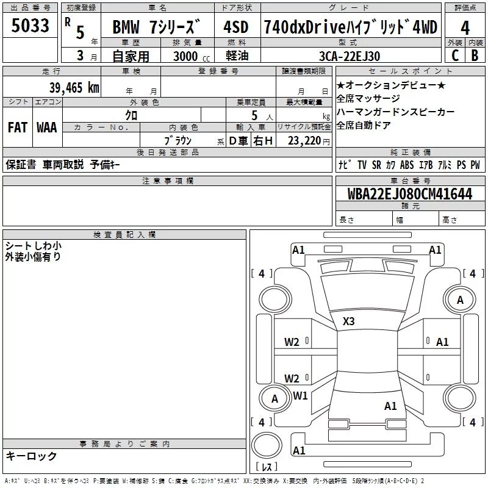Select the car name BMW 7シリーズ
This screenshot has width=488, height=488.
[156, 27]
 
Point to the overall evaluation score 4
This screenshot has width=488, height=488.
[465, 28]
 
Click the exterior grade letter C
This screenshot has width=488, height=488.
[454, 55]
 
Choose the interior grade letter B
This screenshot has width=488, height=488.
[475, 55]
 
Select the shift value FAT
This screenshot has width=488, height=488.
[17, 127]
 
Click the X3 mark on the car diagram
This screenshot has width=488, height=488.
[349, 321]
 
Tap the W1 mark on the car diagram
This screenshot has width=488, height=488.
[300, 395]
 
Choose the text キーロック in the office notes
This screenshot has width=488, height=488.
[31, 456]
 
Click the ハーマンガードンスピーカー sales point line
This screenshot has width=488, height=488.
[395, 112]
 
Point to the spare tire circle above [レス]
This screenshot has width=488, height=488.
[267, 445]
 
